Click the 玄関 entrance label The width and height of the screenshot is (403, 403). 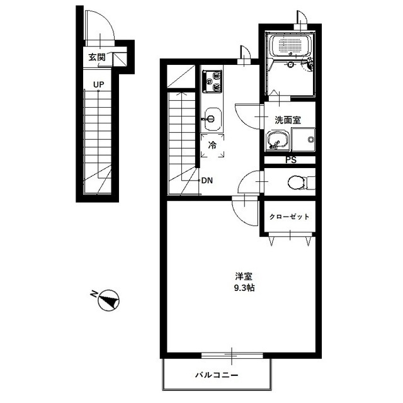point(97,57)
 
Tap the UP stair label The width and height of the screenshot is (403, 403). point(99,84)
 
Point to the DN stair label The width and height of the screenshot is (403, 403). point(207,181)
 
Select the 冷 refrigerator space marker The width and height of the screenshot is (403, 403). point(212,145)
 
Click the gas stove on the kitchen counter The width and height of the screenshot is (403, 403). point(212,81)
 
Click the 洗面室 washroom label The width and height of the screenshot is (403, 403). point(288,120)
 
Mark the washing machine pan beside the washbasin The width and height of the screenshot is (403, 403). point(304,139)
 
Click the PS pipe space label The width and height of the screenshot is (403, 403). point(291,160)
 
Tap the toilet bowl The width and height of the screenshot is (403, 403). point(297,183)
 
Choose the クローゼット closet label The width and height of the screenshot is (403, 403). point(289,217)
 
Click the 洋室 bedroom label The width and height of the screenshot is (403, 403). point(244,277)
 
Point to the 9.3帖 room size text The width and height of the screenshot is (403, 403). point(244,288)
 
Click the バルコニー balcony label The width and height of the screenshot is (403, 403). point(217,375)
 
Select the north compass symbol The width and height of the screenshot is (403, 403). point(109,300)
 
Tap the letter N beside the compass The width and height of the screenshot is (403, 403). point(94,293)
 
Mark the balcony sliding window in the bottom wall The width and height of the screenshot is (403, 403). point(232,355)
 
